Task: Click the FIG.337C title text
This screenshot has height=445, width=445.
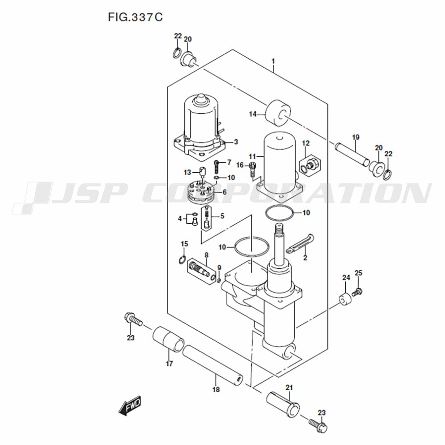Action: point(135,17)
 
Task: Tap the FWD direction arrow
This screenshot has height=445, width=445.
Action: point(129,405)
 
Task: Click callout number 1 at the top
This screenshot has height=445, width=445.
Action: point(273,61)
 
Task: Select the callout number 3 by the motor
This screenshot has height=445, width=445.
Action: point(236,142)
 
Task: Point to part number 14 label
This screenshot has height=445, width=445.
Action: point(253,114)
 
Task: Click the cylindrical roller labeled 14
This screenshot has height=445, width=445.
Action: point(278,113)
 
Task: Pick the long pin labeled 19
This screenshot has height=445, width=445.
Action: point(352,155)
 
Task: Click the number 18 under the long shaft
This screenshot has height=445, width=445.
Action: point(216,389)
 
